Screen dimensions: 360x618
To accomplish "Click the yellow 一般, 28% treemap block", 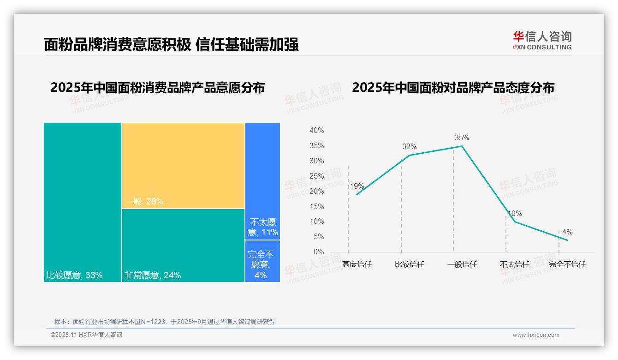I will (x=183, y=165).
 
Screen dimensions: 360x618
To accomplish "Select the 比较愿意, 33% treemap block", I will (x=83, y=202).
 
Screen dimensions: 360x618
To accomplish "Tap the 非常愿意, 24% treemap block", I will (x=183, y=245).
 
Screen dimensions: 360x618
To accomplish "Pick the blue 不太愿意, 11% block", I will (x=262, y=181).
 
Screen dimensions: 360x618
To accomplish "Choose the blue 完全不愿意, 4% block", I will (x=262, y=261).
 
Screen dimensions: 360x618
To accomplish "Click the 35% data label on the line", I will (x=462, y=138).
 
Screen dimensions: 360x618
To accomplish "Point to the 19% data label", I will (x=357, y=186).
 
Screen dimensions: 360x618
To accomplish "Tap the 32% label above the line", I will (x=409, y=147).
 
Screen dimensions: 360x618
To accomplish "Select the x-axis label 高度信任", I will (x=357, y=264).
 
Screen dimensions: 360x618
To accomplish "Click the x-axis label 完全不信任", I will (x=567, y=264).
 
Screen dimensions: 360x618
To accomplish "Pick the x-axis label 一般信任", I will (x=462, y=264).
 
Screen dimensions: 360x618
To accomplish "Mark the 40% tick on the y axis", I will (x=316, y=131).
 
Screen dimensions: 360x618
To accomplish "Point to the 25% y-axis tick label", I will (x=316, y=176).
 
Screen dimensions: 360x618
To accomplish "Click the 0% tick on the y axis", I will (x=318, y=252).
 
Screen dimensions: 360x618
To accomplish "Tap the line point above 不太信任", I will (x=515, y=222).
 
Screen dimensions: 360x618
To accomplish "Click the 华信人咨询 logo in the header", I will (x=542, y=40).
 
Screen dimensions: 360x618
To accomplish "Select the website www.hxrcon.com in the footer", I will (x=536, y=335).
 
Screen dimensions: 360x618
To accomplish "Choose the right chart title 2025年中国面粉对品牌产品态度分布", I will (x=453, y=88).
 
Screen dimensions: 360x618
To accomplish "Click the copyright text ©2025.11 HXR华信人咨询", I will (x=86, y=335).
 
